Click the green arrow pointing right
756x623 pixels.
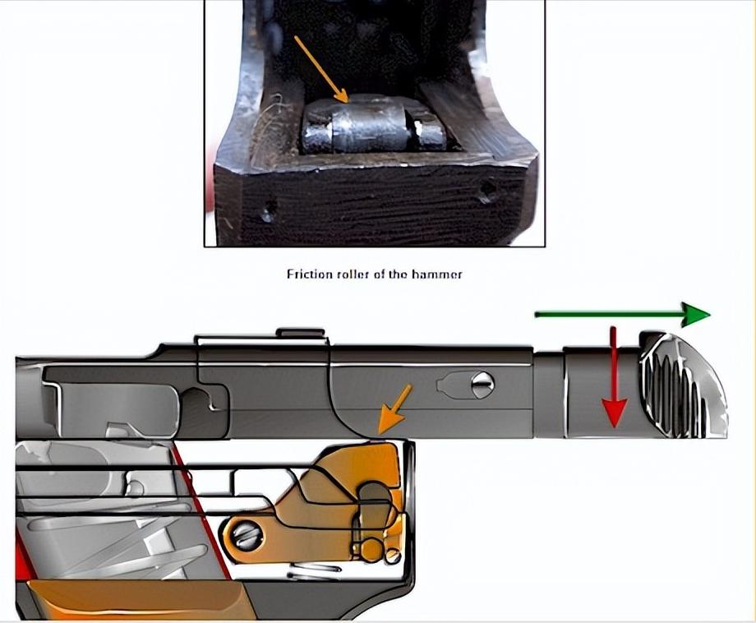click(x=622, y=315)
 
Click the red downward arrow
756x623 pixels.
click(x=613, y=377)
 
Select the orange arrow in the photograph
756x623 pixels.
click(x=321, y=69)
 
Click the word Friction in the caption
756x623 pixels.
click(x=310, y=274)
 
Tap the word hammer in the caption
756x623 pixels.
click(x=437, y=275)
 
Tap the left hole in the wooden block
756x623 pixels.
click(x=268, y=210)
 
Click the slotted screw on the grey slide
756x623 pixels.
click(x=482, y=385)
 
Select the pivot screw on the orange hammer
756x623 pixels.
click(x=246, y=536)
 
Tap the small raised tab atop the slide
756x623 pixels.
click(x=300, y=333)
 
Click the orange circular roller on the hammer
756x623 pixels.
click(x=371, y=550)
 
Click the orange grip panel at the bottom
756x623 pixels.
click(x=135, y=599)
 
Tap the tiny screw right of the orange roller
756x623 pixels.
click(x=393, y=556)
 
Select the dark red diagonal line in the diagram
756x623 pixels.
click(x=202, y=510)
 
